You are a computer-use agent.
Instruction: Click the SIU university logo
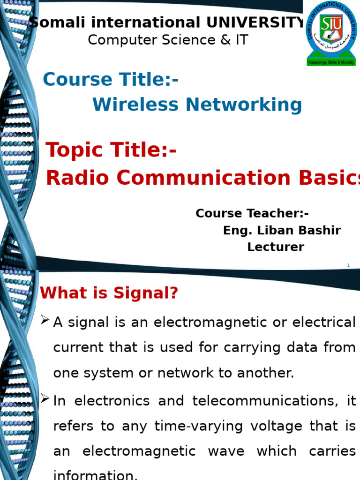pyautogui.click(x=331, y=33)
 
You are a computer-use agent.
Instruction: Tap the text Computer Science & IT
pyautogui.click(x=168, y=40)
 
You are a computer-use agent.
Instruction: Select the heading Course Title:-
pyautogui.click(x=111, y=80)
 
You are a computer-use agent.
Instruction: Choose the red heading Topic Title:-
pyautogui.click(x=111, y=150)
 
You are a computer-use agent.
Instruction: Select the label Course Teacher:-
pyautogui.click(x=252, y=213)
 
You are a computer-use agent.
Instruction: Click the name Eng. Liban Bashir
pyautogui.click(x=282, y=231)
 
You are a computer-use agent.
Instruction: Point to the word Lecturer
pyautogui.click(x=276, y=247)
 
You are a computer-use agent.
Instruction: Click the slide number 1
pyautogui.click(x=348, y=266)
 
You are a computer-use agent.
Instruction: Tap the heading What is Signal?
pyautogui.click(x=109, y=293)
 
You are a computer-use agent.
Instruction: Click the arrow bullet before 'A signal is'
pyautogui.click(x=45, y=321)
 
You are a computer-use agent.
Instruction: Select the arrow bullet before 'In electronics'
pyautogui.click(x=45, y=399)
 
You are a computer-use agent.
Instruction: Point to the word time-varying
pyautogui.click(x=203, y=426)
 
